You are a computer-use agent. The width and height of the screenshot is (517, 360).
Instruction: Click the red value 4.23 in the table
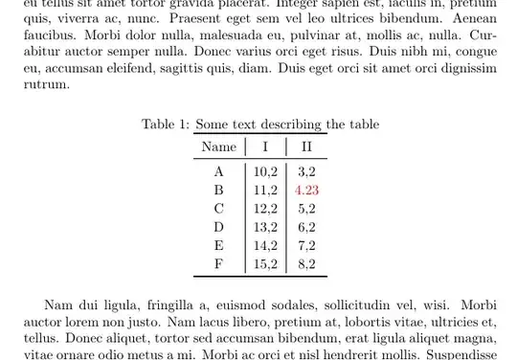[x=307, y=191]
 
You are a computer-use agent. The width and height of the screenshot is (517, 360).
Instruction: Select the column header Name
[x=219, y=146]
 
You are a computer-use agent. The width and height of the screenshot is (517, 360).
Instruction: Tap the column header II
[x=306, y=146]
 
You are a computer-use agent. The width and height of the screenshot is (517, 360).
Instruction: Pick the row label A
[x=219, y=172]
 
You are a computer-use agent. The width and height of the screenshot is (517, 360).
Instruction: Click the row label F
[x=219, y=263]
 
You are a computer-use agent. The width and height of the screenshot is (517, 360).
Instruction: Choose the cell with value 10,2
[x=265, y=172]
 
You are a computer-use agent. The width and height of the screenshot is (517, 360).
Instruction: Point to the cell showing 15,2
[x=265, y=263]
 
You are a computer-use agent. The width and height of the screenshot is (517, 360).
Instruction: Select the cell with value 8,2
[x=306, y=263]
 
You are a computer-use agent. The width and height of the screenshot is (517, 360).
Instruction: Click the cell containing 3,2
[x=306, y=172]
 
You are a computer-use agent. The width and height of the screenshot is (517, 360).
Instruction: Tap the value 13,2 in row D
[x=265, y=227]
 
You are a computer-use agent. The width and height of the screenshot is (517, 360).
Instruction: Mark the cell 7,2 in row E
[x=306, y=245]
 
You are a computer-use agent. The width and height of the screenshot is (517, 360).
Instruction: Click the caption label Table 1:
[x=165, y=124]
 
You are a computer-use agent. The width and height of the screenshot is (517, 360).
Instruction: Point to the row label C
[x=219, y=209]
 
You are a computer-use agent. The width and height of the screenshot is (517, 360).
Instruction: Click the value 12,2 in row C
[x=265, y=209]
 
